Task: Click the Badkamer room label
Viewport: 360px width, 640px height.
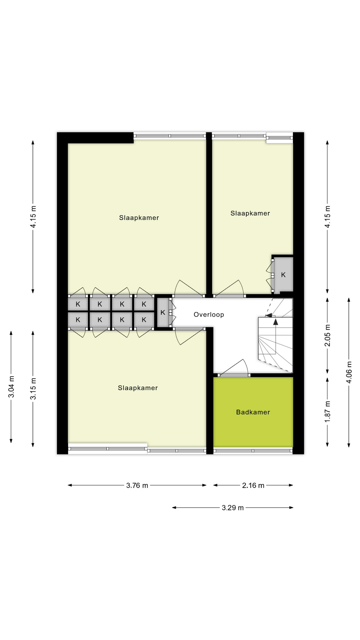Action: point(253,412)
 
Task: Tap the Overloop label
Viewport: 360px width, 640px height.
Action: point(209,315)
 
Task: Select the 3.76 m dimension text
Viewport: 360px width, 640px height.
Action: point(137,485)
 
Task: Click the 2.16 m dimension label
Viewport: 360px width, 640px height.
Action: point(253,485)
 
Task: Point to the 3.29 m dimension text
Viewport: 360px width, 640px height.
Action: point(233,508)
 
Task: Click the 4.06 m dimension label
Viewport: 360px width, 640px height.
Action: point(349,372)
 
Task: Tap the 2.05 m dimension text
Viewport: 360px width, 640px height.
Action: point(327,335)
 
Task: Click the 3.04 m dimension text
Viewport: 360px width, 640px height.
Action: point(11,387)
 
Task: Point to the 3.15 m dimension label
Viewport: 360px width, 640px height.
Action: point(33,389)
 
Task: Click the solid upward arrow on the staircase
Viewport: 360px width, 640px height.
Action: point(276,322)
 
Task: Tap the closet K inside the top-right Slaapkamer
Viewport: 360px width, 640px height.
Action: point(283,275)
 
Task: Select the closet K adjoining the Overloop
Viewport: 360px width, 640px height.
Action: point(163,313)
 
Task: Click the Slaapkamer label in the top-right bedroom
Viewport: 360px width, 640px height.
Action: point(250,213)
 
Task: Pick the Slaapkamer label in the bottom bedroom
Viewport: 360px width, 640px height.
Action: point(138,388)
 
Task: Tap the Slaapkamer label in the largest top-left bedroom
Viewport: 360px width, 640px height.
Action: point(139,218)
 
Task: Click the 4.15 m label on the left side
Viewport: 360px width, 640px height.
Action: point(33,217)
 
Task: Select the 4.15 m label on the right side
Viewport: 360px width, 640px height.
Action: point(327,217)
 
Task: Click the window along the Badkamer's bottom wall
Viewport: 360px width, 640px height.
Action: point(253,451)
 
